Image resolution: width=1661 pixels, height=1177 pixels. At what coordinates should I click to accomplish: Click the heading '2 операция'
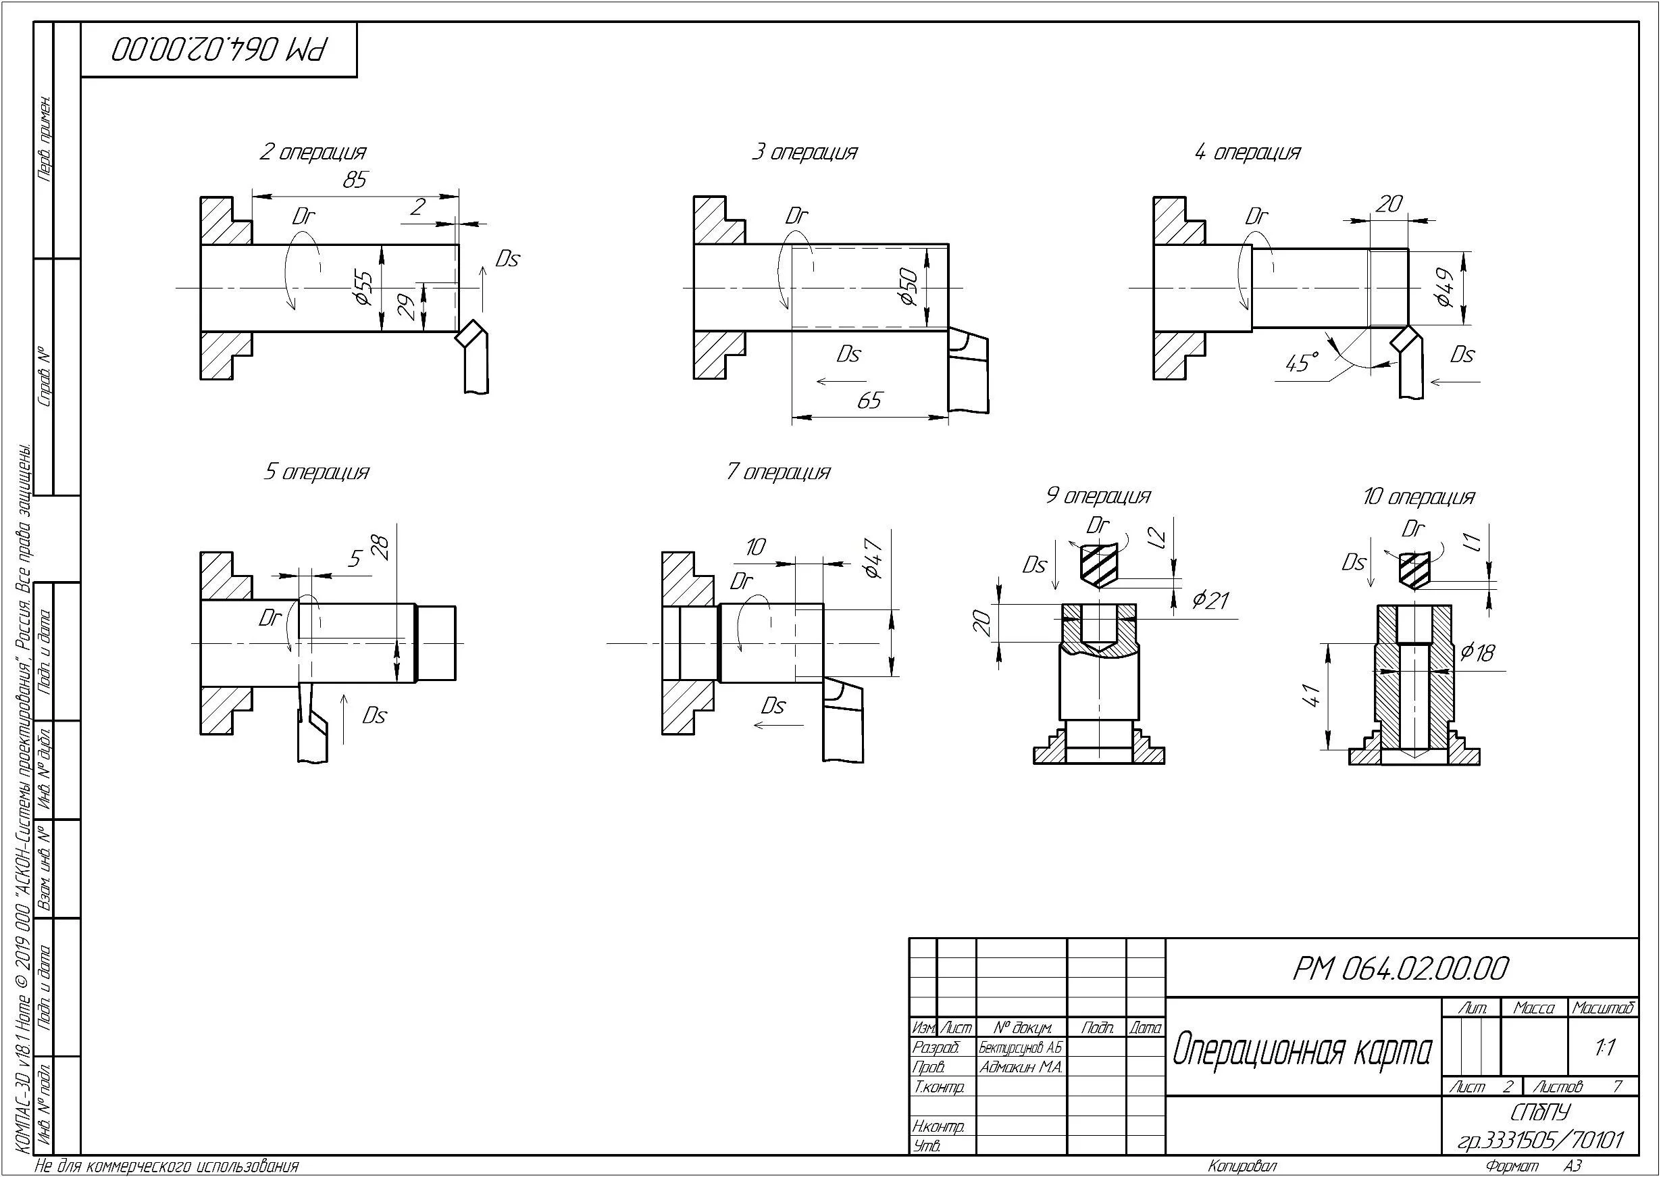(x=313, y=153)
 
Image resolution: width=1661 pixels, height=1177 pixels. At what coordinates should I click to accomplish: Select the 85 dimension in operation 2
(x=355, y=179)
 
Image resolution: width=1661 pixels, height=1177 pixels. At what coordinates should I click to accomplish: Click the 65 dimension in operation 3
(x=869, y=401)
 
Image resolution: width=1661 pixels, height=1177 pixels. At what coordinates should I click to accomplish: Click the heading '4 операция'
(x=1248, y=153)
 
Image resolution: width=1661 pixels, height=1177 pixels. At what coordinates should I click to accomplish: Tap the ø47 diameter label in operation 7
(x=873, y=558)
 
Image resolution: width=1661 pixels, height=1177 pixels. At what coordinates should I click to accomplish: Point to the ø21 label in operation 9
(x=1210, y=600)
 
